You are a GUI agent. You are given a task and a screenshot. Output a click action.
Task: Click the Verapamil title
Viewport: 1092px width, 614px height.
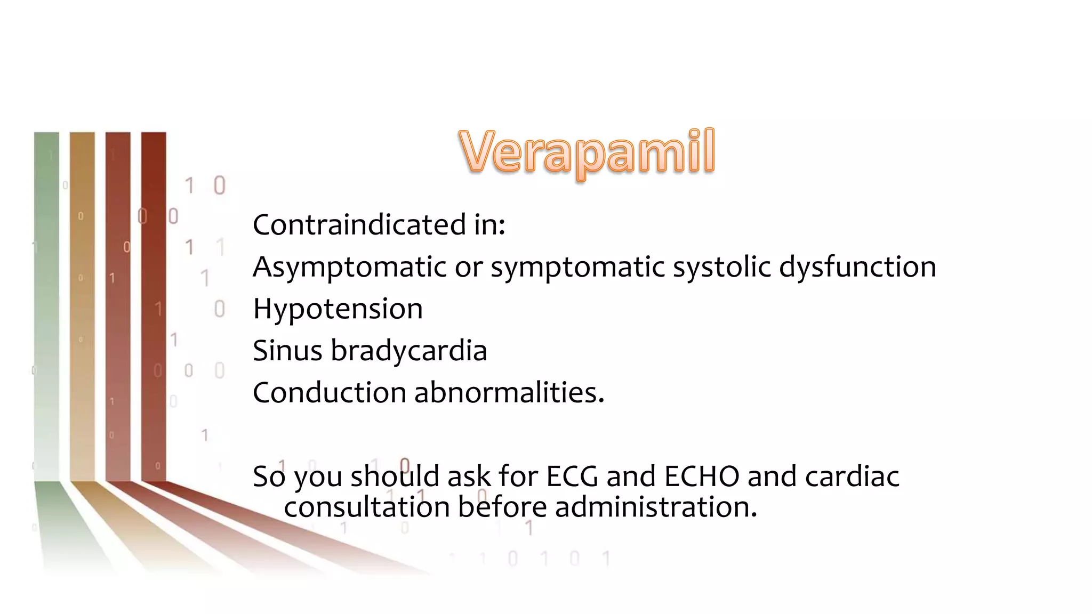pyautogui.click(x=587, y=153)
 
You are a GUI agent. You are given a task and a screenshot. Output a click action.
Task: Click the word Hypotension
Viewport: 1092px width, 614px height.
pyautogui.click(x=338, y=309)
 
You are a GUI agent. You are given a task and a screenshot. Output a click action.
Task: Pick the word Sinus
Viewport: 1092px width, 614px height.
pyautogui.click(x=287, y=351)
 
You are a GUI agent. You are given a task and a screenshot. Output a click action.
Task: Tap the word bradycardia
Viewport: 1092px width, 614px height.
pyautogui.click(x=408, y=351)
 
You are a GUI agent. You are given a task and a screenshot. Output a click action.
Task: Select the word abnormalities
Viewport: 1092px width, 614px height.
pyautogui.click(x=509, y=393)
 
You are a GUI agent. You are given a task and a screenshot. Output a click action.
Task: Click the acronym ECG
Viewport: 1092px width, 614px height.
pyautogui.click(x=572, y=476)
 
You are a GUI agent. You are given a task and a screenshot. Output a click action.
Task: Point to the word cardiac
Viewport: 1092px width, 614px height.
pyautogui.click(x=852, y=476)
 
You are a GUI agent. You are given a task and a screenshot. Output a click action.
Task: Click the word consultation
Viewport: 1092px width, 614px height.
pyautogui.click(x=367, y=507)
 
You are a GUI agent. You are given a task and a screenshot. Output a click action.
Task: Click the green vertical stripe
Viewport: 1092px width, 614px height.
pyautogui.click(x=46, y=304)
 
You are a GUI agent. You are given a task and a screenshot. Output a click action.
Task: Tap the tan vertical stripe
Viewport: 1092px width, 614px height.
pyautogui.click(x=82, y=304)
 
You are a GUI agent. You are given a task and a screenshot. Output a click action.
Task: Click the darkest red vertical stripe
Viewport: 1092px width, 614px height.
pyautogui.click(x=154, y=304)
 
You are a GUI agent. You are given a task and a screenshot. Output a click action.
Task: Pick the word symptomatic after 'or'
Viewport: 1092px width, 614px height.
pyautogui.click(x=577, y=267)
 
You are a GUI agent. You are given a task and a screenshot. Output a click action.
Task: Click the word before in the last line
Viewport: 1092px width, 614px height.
pyautogui.click(x=502, y=507)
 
